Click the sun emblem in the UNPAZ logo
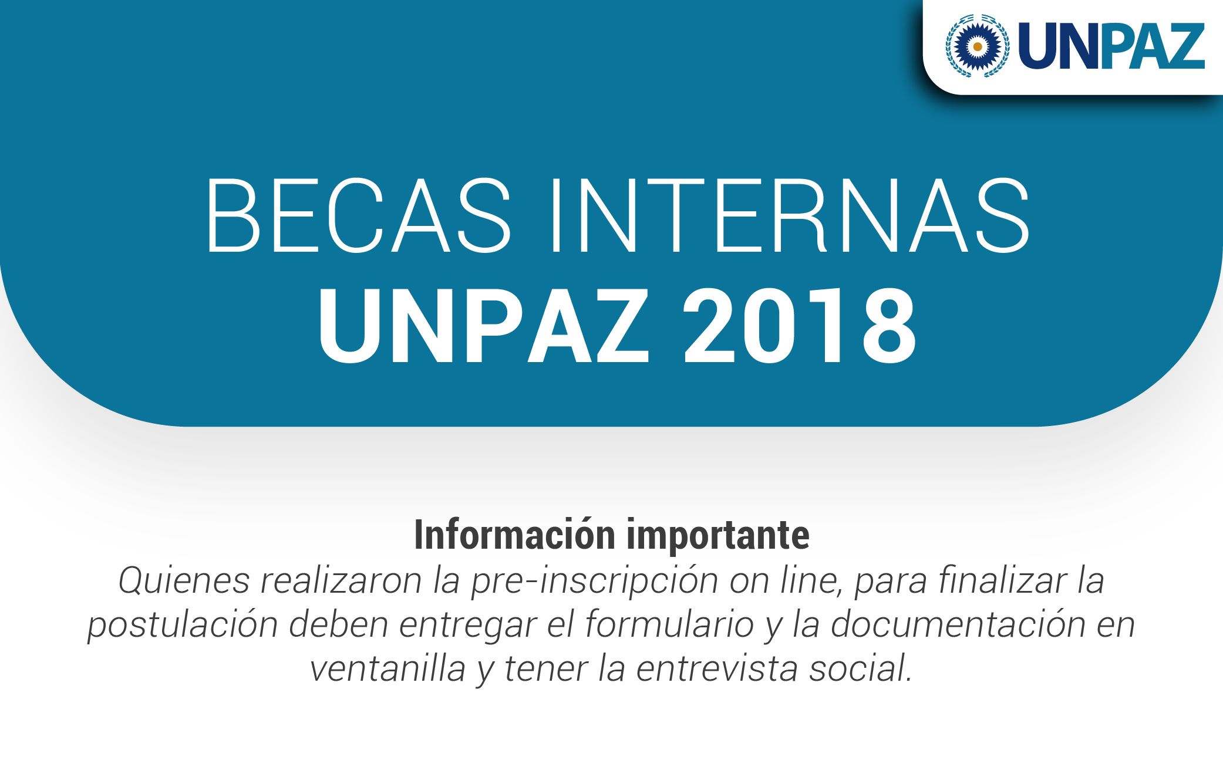coord(978,46)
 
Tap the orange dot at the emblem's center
coord(978,46)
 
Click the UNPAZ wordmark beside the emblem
coord(1111,46)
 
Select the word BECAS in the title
coord(358,215)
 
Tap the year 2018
coord(800,326)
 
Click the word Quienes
coord(184,581)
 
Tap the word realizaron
coord(341,581)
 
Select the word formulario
coord(670,624)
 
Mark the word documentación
coord(958,624)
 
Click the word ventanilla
coord(388,668)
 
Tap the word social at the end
coord(860,668)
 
